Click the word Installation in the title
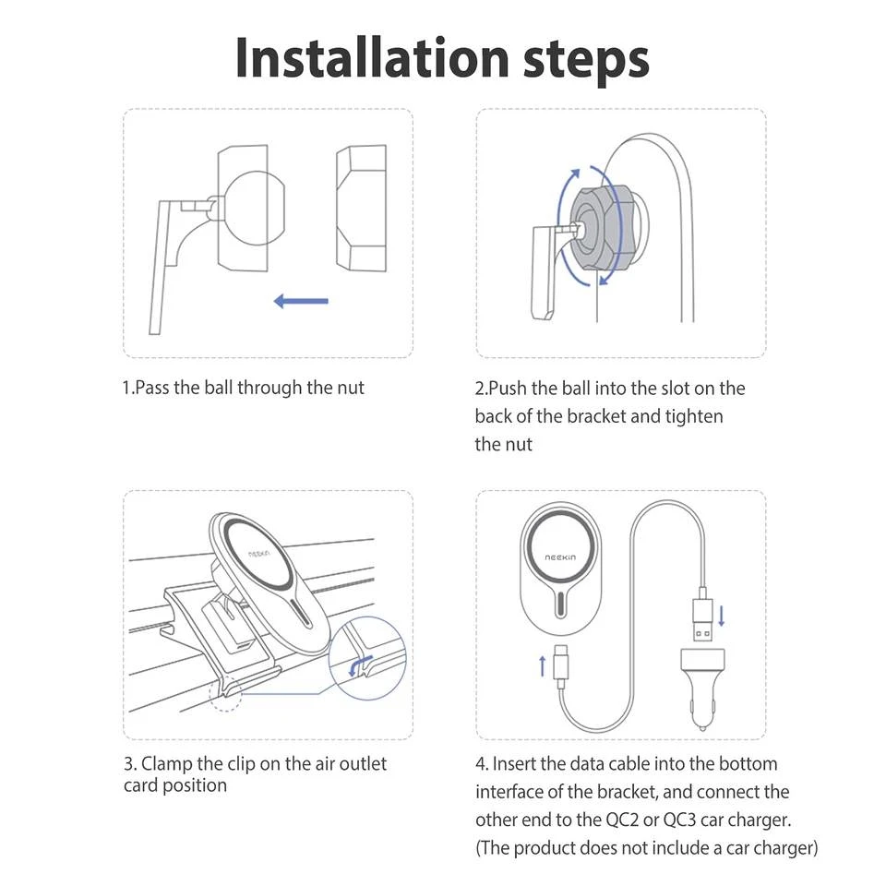(373, 58)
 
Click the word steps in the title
(587, 61)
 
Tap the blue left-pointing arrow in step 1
(301, 301)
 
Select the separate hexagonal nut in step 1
(362, 208)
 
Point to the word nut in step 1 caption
(351, 389)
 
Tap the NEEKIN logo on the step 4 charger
(560, 557)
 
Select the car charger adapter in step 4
(702, 688)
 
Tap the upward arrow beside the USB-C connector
(543, 666)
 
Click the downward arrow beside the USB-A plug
(722, 616)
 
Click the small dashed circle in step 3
(225, 694)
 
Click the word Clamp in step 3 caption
(167, 764)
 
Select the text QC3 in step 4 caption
(679, 820)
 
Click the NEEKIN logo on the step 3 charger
(259, 553)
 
